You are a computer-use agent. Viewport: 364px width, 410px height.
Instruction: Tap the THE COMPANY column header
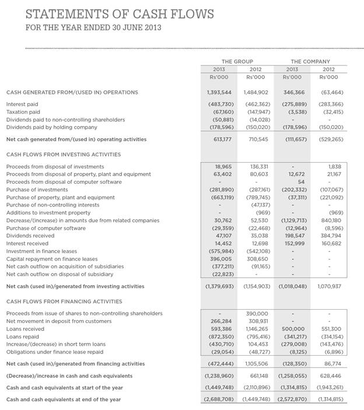click(310, 61)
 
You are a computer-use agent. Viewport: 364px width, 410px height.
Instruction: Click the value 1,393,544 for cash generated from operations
click(219, 92)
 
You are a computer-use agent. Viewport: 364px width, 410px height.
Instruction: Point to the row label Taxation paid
click(23, 111)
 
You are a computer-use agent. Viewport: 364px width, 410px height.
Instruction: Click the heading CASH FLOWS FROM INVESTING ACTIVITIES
click(64, 155)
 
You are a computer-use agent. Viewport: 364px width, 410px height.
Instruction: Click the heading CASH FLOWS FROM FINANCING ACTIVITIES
click(64, 302)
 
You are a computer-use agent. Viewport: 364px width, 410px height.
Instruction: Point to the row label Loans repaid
click(23, 337)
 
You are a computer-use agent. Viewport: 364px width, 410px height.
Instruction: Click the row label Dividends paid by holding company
click(51, 127)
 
